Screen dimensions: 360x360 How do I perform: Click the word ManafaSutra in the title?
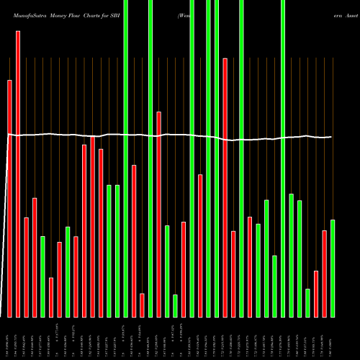pyautogui.click(x=24, y=14)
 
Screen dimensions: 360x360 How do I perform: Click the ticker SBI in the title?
pyautogui.click(x=135, y=14)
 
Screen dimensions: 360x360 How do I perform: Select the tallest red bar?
pyautogui.click(x=18, y=173)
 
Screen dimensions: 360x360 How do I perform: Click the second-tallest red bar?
pyautogui.click(x=225, y=187)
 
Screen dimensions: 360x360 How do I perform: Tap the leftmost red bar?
pyautogui.click(x=10, y=198)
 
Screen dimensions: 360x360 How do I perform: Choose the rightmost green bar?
pyautogui.click(x=333, y=268)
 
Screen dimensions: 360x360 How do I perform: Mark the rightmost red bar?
pyautogui.click(x=325, y=274)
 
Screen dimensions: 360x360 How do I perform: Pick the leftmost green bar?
pyautogui.click(x=42, y=276)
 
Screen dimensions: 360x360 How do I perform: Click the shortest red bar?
pyautogui.click(x=143, y=305)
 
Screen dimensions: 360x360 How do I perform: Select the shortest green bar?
pyautogui.click(x=175, y=306)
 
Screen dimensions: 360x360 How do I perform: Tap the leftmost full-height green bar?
pyautogui.click(x=125, y=158)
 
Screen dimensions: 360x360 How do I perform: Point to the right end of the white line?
pyautogui.click(x=332, y=136)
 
